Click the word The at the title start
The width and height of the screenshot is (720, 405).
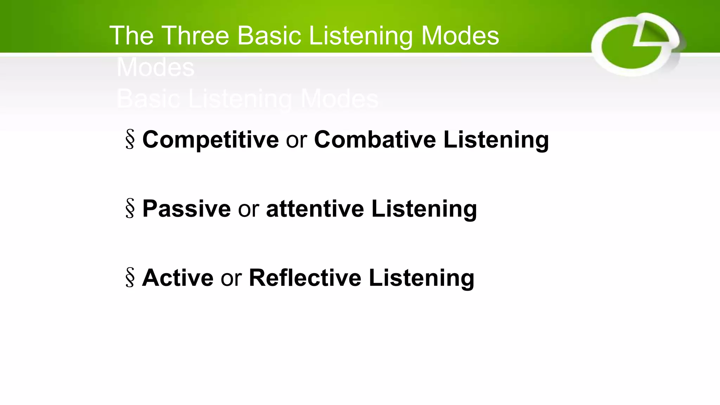click(131, 36)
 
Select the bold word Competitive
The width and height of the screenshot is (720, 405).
click(210, 140)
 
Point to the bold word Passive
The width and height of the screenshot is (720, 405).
click(186, 208)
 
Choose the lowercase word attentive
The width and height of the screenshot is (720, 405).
click(315, 208)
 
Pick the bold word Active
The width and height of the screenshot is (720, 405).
click(178, 278)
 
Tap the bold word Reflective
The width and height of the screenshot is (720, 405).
click(305, 278)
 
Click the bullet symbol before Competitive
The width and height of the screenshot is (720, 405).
click(130, 140)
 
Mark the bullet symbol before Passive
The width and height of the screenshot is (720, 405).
click(130, 208)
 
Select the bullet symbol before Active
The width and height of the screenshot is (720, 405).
click(130, 278)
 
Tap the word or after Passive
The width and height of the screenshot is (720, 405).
click(249, 209)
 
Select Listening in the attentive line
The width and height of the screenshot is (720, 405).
click(424, 209)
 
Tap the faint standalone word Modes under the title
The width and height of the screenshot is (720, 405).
click(155, 67)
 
